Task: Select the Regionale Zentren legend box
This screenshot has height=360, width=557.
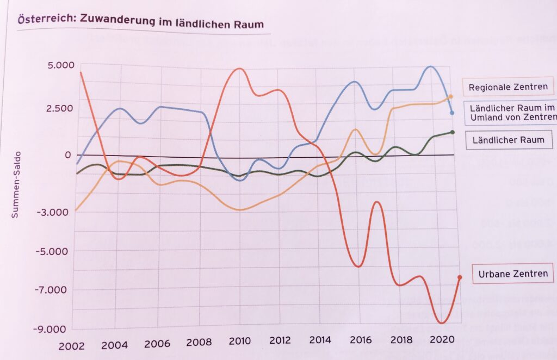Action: (x=508, y=86)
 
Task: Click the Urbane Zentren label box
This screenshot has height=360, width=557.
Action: (x=513, y=273)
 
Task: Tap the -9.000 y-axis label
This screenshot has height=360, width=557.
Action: (x=54, y=330)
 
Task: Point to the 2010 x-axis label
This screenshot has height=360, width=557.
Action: (x=239, y=342)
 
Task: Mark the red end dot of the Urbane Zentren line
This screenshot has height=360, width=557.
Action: (x=460, y=277)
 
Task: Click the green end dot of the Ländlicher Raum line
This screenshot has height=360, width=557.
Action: (x=453, y=132)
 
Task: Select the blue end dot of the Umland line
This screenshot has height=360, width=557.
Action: (x=453, y=113)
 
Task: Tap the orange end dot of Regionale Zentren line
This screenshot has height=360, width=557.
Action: (x=451, y=97)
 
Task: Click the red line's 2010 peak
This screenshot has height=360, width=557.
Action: (x=239, y=69)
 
